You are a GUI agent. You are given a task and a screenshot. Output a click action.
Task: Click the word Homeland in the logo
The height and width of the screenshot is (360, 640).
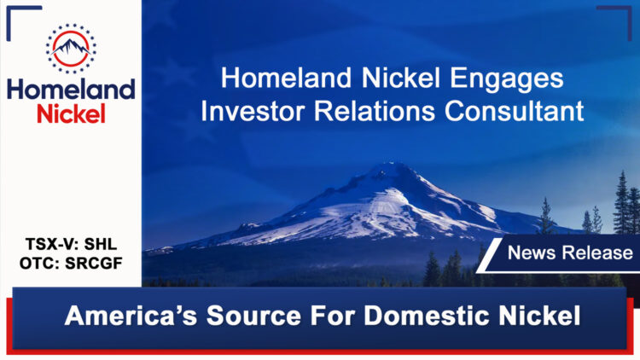click(x=71, y=89)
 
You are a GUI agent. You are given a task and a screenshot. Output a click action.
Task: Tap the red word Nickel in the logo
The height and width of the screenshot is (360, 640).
click(x=71, y=113)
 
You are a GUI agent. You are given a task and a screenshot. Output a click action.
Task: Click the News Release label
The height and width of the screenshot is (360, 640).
click(x=570, y=253)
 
